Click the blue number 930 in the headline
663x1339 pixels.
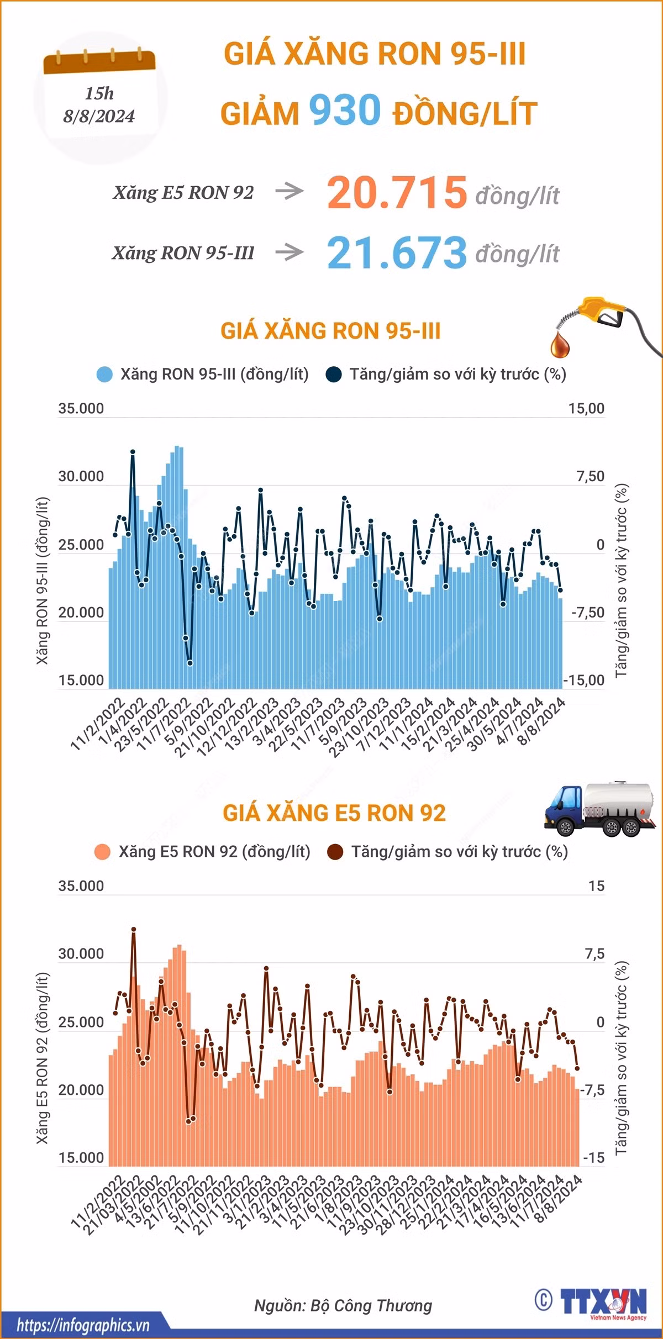click(345, 109)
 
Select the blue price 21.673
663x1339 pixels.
click(397, 252)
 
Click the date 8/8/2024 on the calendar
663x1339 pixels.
click(99, 116)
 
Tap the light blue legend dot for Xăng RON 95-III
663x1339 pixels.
click(105, 375)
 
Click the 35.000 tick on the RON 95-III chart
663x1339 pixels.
click(81, 409)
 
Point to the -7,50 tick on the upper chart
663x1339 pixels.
click(588, 613)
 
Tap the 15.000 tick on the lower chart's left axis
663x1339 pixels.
click(81, 1158)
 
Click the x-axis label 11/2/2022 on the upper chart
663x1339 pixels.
click(98, 724)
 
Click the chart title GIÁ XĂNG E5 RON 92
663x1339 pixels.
click(334, 813)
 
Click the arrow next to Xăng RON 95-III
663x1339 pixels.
click(290, 252)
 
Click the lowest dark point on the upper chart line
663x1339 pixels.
click(190, 663)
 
